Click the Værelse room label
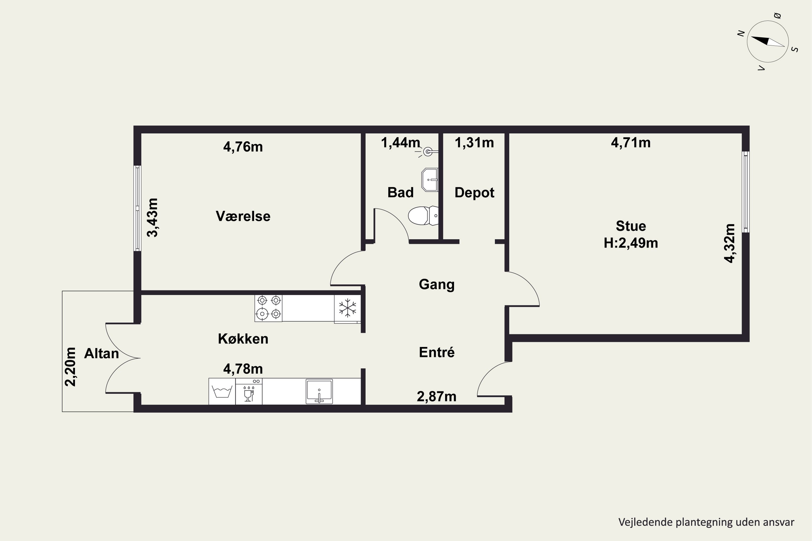click(243, 216)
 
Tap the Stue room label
click(631, 226)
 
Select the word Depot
click(474, 193)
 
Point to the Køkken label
click(243, 339)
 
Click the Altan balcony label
click(101, 353)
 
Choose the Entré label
click(437, 352)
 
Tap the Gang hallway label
click(437, 285)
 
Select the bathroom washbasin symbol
click(430, 180)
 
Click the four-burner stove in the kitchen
click(269, 308)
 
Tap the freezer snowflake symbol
click(347, 308)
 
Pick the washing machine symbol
click(222, 392)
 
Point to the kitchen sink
click(319, 391)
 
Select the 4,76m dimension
click(243, 147)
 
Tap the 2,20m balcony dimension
click(70, 367)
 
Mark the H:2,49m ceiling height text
click(631, 243)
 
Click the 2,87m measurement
click(437, 397)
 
